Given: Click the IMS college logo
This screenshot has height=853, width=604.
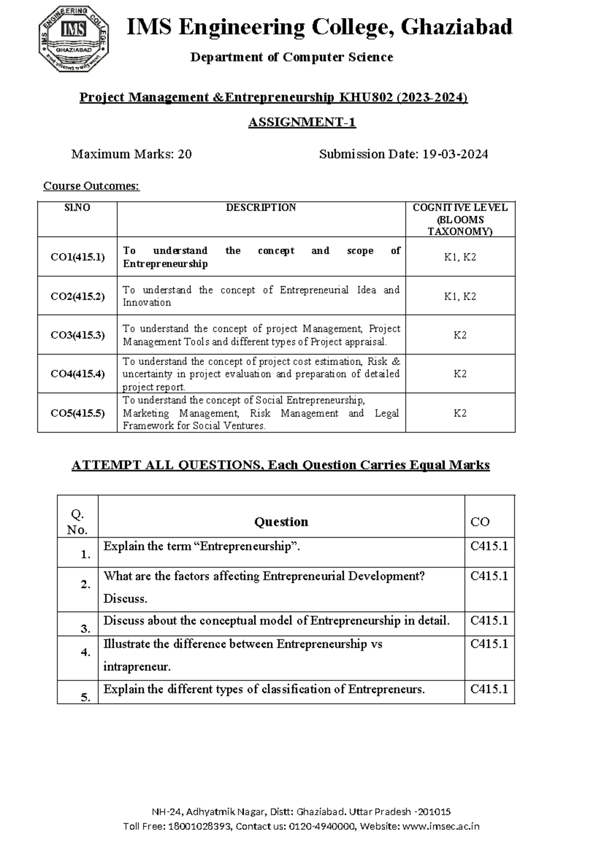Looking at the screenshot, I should click(x=73, y=39).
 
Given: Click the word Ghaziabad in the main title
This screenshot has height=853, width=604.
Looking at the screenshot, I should click(x=457, y=27).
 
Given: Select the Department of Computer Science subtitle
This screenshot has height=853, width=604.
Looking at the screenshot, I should click(x=291, y=57).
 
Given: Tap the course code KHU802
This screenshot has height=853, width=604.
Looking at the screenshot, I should click(x=366, y=97).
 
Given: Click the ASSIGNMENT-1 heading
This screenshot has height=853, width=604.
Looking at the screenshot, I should click(x=302, y=122).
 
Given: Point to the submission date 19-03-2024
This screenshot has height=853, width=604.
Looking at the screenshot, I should click(x=455, y=154).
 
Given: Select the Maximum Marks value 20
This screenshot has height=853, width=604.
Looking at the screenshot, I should click(x=185, y=154).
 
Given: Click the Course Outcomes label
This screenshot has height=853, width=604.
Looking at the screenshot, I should click(x=91, y=186).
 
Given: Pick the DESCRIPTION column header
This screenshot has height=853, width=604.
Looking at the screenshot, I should click(x=261, y=208).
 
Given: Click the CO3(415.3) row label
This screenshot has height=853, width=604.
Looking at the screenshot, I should click(x=78, y=335).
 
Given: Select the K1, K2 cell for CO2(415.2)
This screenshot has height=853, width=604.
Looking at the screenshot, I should click(x=460, y=296).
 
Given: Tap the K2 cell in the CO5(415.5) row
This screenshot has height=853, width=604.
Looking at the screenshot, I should click(x=460, y=413).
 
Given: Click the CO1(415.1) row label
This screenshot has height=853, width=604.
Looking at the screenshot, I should click(x=78, y=257).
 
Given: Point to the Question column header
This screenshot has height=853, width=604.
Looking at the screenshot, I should click(x=281, y=522).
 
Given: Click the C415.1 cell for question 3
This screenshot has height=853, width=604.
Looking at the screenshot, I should click(x=489, y=621).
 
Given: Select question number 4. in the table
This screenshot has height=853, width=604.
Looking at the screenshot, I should click(x=85, y=652).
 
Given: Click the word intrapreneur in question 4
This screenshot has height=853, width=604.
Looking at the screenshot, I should click(x=136, y=667).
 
